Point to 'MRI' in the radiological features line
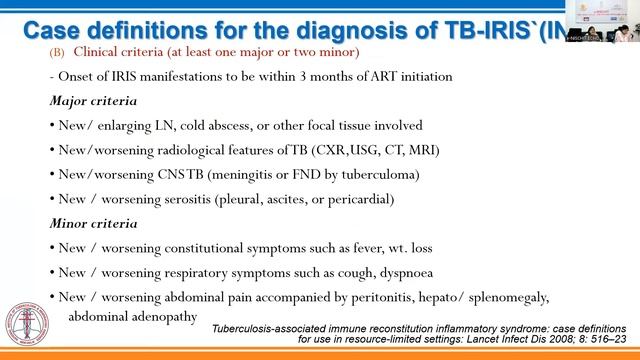click(x=420, y=150)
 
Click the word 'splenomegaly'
click(x=500, y=297)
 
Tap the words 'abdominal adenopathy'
click(x=132, y=316)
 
